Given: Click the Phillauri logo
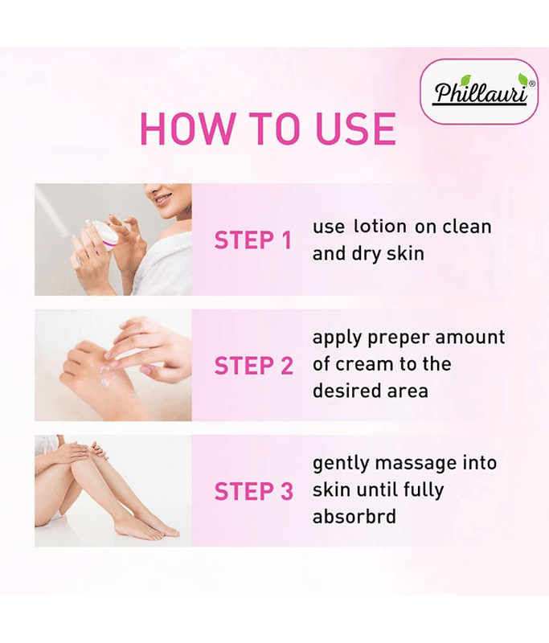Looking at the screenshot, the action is pyautogui.click(x=479, y=91).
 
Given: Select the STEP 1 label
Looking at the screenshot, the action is pyautogui.click(x=252, y=240).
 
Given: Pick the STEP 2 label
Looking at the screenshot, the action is pyautogui.click(x=253, y=366).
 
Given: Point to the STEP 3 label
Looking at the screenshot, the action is pyautogui.click(x=253, y=491).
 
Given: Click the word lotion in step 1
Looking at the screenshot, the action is pyautogui.click(x=379, y=227).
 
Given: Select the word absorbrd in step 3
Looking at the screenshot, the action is pyautogui.click(x=354, y=516).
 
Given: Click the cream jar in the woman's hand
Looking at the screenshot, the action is pyautogui.click(x=103, y=232).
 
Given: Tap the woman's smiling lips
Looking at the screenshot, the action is pyautogui.click(x=163, y=199).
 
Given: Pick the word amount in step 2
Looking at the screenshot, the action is pyautogui.click(x=470, y=338).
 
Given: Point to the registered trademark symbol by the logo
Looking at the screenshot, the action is pyautogui.click(x=532, y=84).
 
